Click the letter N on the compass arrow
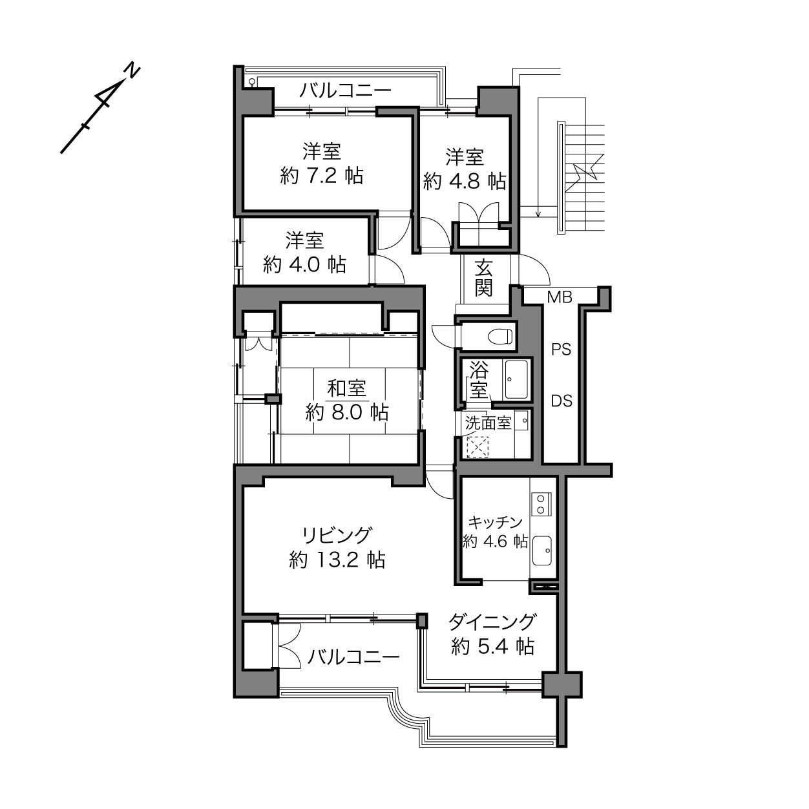click(134, 71)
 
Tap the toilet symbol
click(500, 336)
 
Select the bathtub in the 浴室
click(516, 379)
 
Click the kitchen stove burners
click(541, 504)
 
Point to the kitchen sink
click(541, 551)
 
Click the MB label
click(560, 297)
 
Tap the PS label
click(562, 350)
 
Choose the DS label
click(562, 401)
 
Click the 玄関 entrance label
click(483, 278)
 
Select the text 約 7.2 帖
click(322, 176)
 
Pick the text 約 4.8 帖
click(465, 182)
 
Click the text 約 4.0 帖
click(305, 264)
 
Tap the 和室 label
click(347, 388)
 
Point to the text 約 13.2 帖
click(337, 560)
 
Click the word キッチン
click(496, 523)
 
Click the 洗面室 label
click(489, 423)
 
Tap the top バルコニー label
click(345, 90)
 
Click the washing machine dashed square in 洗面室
click(478, 447)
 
